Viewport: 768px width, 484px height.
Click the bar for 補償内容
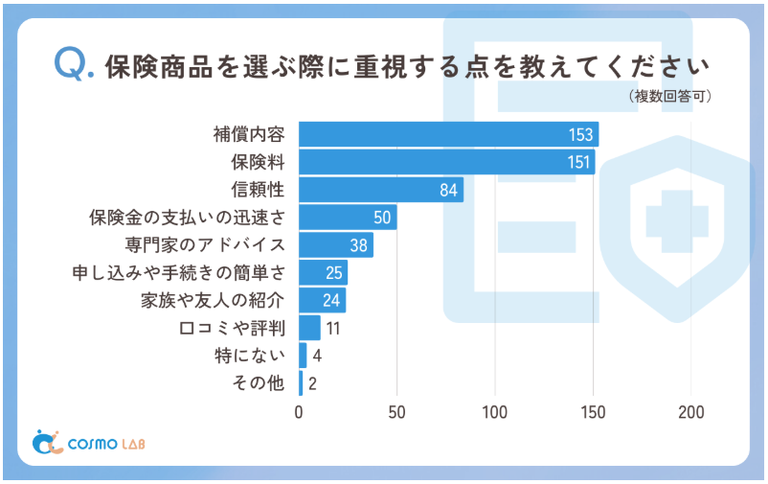[x=448, y=134]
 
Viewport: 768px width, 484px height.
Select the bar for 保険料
[x=446, y=162]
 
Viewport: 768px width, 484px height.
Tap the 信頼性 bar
[x=381, y=190]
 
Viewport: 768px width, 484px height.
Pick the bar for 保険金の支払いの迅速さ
[x=348, y=218]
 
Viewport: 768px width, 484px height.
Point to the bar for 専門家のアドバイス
[x=336, y=245]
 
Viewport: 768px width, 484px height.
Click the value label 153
[x=580, y=135]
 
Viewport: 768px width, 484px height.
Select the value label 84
[x=449, y=190]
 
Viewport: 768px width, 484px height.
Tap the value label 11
[x=334, y=329]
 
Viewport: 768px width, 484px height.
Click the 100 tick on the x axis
[x=495, y=413]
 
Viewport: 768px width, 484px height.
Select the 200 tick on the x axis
[x=691, y=413]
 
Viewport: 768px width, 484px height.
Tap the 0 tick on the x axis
[x=299, y=413]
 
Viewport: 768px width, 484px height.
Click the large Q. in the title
[x=74, y=64]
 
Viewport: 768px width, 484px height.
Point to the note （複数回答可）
[x=669, y=97]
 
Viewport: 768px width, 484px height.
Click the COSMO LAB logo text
[x=105, y=444]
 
